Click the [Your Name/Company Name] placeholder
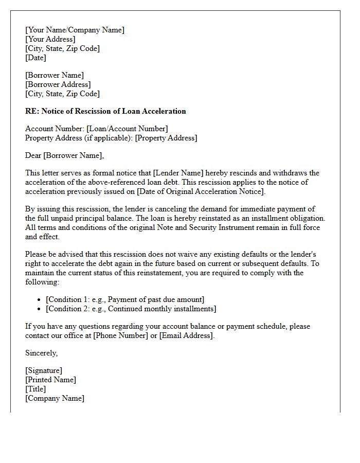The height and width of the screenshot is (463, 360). point(75,30)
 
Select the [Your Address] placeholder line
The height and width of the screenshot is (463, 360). point(50,39)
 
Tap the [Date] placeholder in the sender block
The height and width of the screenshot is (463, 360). point(35,58)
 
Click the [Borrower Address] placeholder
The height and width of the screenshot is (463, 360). point(58,84)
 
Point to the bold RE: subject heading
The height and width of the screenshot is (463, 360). point(105,111)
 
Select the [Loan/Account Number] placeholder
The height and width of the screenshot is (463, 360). point(127,129)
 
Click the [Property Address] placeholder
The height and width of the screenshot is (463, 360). point(166,138)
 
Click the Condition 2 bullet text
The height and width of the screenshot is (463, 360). point(131,309)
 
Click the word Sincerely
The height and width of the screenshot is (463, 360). point(41,353)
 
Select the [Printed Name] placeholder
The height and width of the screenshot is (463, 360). point(50,380)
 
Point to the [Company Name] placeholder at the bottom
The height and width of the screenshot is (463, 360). point(55,398)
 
